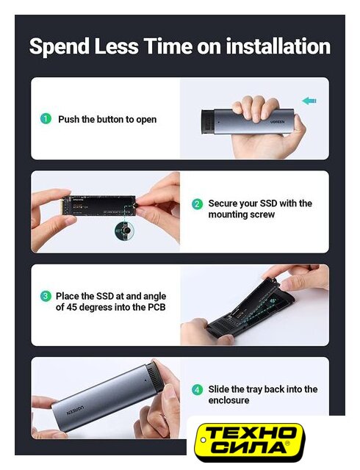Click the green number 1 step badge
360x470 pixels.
(x=46, y=119)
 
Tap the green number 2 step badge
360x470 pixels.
(x=197, y=204)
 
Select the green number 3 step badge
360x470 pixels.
(x=46, y=296)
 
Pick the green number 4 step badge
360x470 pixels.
(x=197, y=390)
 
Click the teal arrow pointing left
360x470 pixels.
(x=309, y=101)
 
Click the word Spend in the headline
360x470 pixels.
(x=60, y=47)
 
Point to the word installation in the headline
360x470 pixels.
(x=278, y=46)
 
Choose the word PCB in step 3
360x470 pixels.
(x=156, y=307)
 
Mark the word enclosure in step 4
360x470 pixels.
(x=228, y=400)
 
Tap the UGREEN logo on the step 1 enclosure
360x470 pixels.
(x=278, y=122)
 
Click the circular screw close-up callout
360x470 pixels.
(x=124, y=231)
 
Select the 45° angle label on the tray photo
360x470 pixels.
(x=273, y=300)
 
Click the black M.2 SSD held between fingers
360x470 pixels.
(x=100, y=206)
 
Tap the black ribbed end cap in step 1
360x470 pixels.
(x=207, y=123)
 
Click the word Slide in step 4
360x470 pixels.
(x=219, y=389)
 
